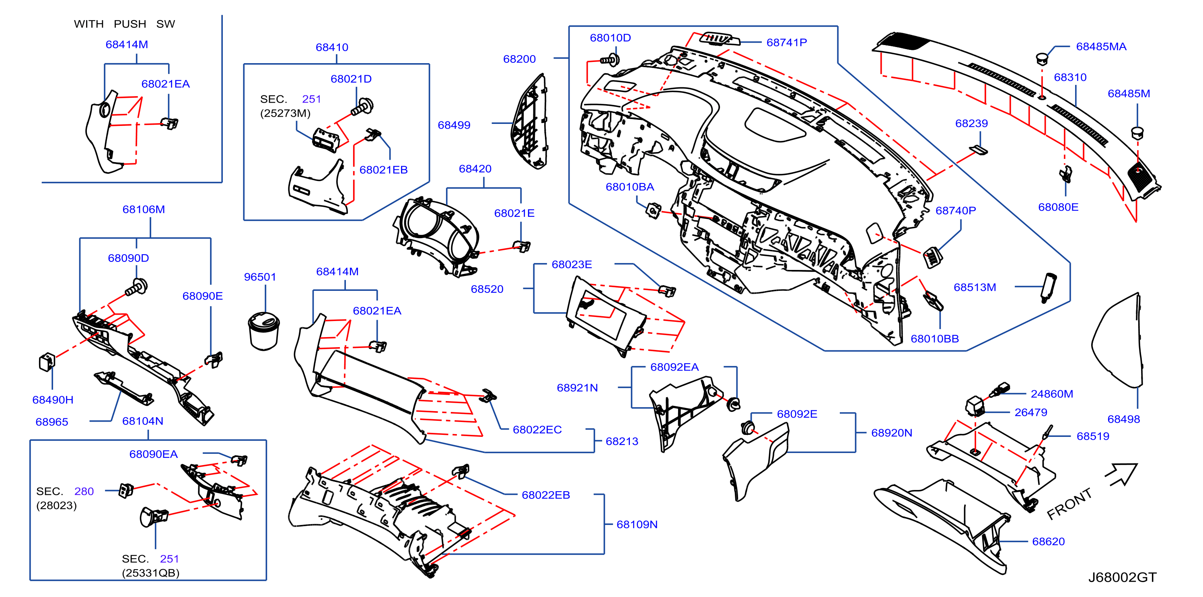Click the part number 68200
point(519,59)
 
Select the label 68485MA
point(1101,46)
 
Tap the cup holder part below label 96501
point(264,331)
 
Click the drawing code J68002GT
point(1122,577)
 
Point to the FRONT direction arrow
point(1122,475)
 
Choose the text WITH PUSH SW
point(124,24)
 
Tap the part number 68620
point(1048,541)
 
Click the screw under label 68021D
point(362,107)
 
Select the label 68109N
point(637,524)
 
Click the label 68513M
point(975,287)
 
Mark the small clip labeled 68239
point(979,150)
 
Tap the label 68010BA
point(629,187)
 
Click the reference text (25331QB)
point(150,573)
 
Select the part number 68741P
point(786,43)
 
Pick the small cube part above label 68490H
point(47,362)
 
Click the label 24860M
point(1052,394)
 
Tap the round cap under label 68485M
point(1137,133)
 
